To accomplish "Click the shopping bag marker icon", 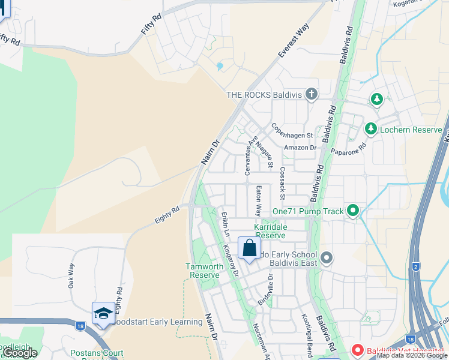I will point(249,248).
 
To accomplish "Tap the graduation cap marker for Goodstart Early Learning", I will point(103,313).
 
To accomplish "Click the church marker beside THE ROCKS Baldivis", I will point(310,94).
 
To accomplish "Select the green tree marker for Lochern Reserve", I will point(370,128).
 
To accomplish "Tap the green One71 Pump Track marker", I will point(352,211).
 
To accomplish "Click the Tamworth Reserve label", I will point(202,271).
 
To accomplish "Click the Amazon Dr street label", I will point(300,148).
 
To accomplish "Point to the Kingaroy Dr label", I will point(231,259).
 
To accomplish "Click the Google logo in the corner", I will point(20,353).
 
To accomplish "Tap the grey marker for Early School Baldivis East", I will point(327,258).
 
